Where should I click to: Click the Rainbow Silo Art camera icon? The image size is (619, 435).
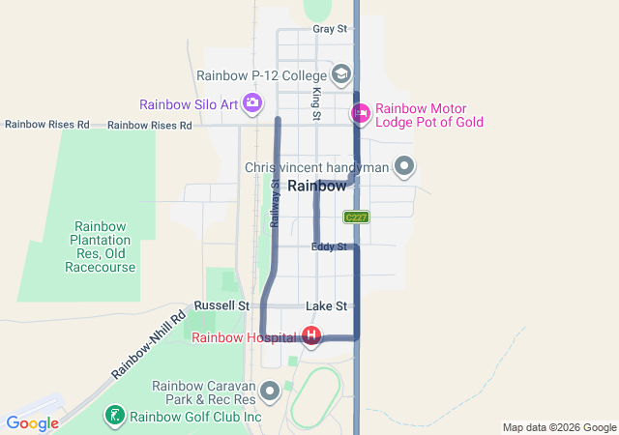252,102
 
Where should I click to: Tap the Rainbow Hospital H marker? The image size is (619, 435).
311,336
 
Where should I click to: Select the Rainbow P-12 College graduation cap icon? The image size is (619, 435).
340,73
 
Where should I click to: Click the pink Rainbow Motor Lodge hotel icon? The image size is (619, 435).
361,114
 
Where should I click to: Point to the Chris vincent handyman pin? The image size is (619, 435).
405,167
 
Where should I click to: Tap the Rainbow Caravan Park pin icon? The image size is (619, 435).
270,391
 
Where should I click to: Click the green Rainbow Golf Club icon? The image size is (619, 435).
115,416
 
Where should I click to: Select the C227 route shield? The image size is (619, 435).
356,217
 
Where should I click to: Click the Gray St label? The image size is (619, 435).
330,29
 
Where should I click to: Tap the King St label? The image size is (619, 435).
316,103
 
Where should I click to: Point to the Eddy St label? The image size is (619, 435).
329,247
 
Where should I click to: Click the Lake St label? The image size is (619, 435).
326,306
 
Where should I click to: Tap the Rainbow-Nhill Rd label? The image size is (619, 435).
148,345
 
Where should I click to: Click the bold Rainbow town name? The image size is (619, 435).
316,186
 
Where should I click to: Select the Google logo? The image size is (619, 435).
31,423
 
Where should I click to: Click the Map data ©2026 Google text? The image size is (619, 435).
559,427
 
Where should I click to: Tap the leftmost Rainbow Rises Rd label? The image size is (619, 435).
46,125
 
